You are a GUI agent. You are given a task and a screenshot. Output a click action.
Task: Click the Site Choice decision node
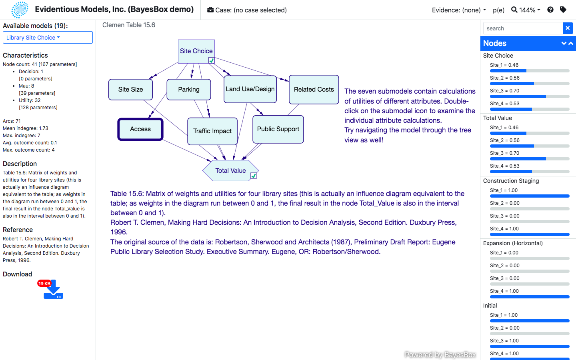(196, 51)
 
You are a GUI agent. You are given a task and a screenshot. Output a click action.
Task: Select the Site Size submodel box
(130, 90)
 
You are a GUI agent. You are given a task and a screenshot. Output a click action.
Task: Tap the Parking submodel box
(189, 90)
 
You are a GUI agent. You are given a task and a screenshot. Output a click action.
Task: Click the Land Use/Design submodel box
(250, 89)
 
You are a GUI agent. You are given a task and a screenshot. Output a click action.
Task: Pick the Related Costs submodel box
(314, 90)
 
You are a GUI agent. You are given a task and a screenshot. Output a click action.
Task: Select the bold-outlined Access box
(140, 129)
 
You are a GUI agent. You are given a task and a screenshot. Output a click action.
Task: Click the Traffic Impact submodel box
(212, 131)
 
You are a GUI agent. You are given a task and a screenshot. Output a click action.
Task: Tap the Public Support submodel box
(278, 129)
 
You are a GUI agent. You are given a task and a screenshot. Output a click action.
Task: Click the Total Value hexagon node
(230, 170)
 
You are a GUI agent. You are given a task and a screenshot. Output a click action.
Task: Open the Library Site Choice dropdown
(48, 38)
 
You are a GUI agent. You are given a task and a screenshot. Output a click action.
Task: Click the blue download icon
(54, 290)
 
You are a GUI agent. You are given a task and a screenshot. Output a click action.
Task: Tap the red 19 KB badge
(44, 283)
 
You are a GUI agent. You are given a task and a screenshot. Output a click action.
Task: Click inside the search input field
(523, 28)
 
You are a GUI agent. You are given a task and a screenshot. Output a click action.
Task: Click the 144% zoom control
(526, 10)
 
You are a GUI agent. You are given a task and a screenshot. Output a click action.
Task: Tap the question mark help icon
(550, 10)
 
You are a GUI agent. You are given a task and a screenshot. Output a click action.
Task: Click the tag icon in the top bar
(563, 10)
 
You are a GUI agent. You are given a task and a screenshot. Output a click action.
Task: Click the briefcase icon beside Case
(210, 10)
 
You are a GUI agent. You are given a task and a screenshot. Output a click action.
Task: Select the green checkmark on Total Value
(254, 176)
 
